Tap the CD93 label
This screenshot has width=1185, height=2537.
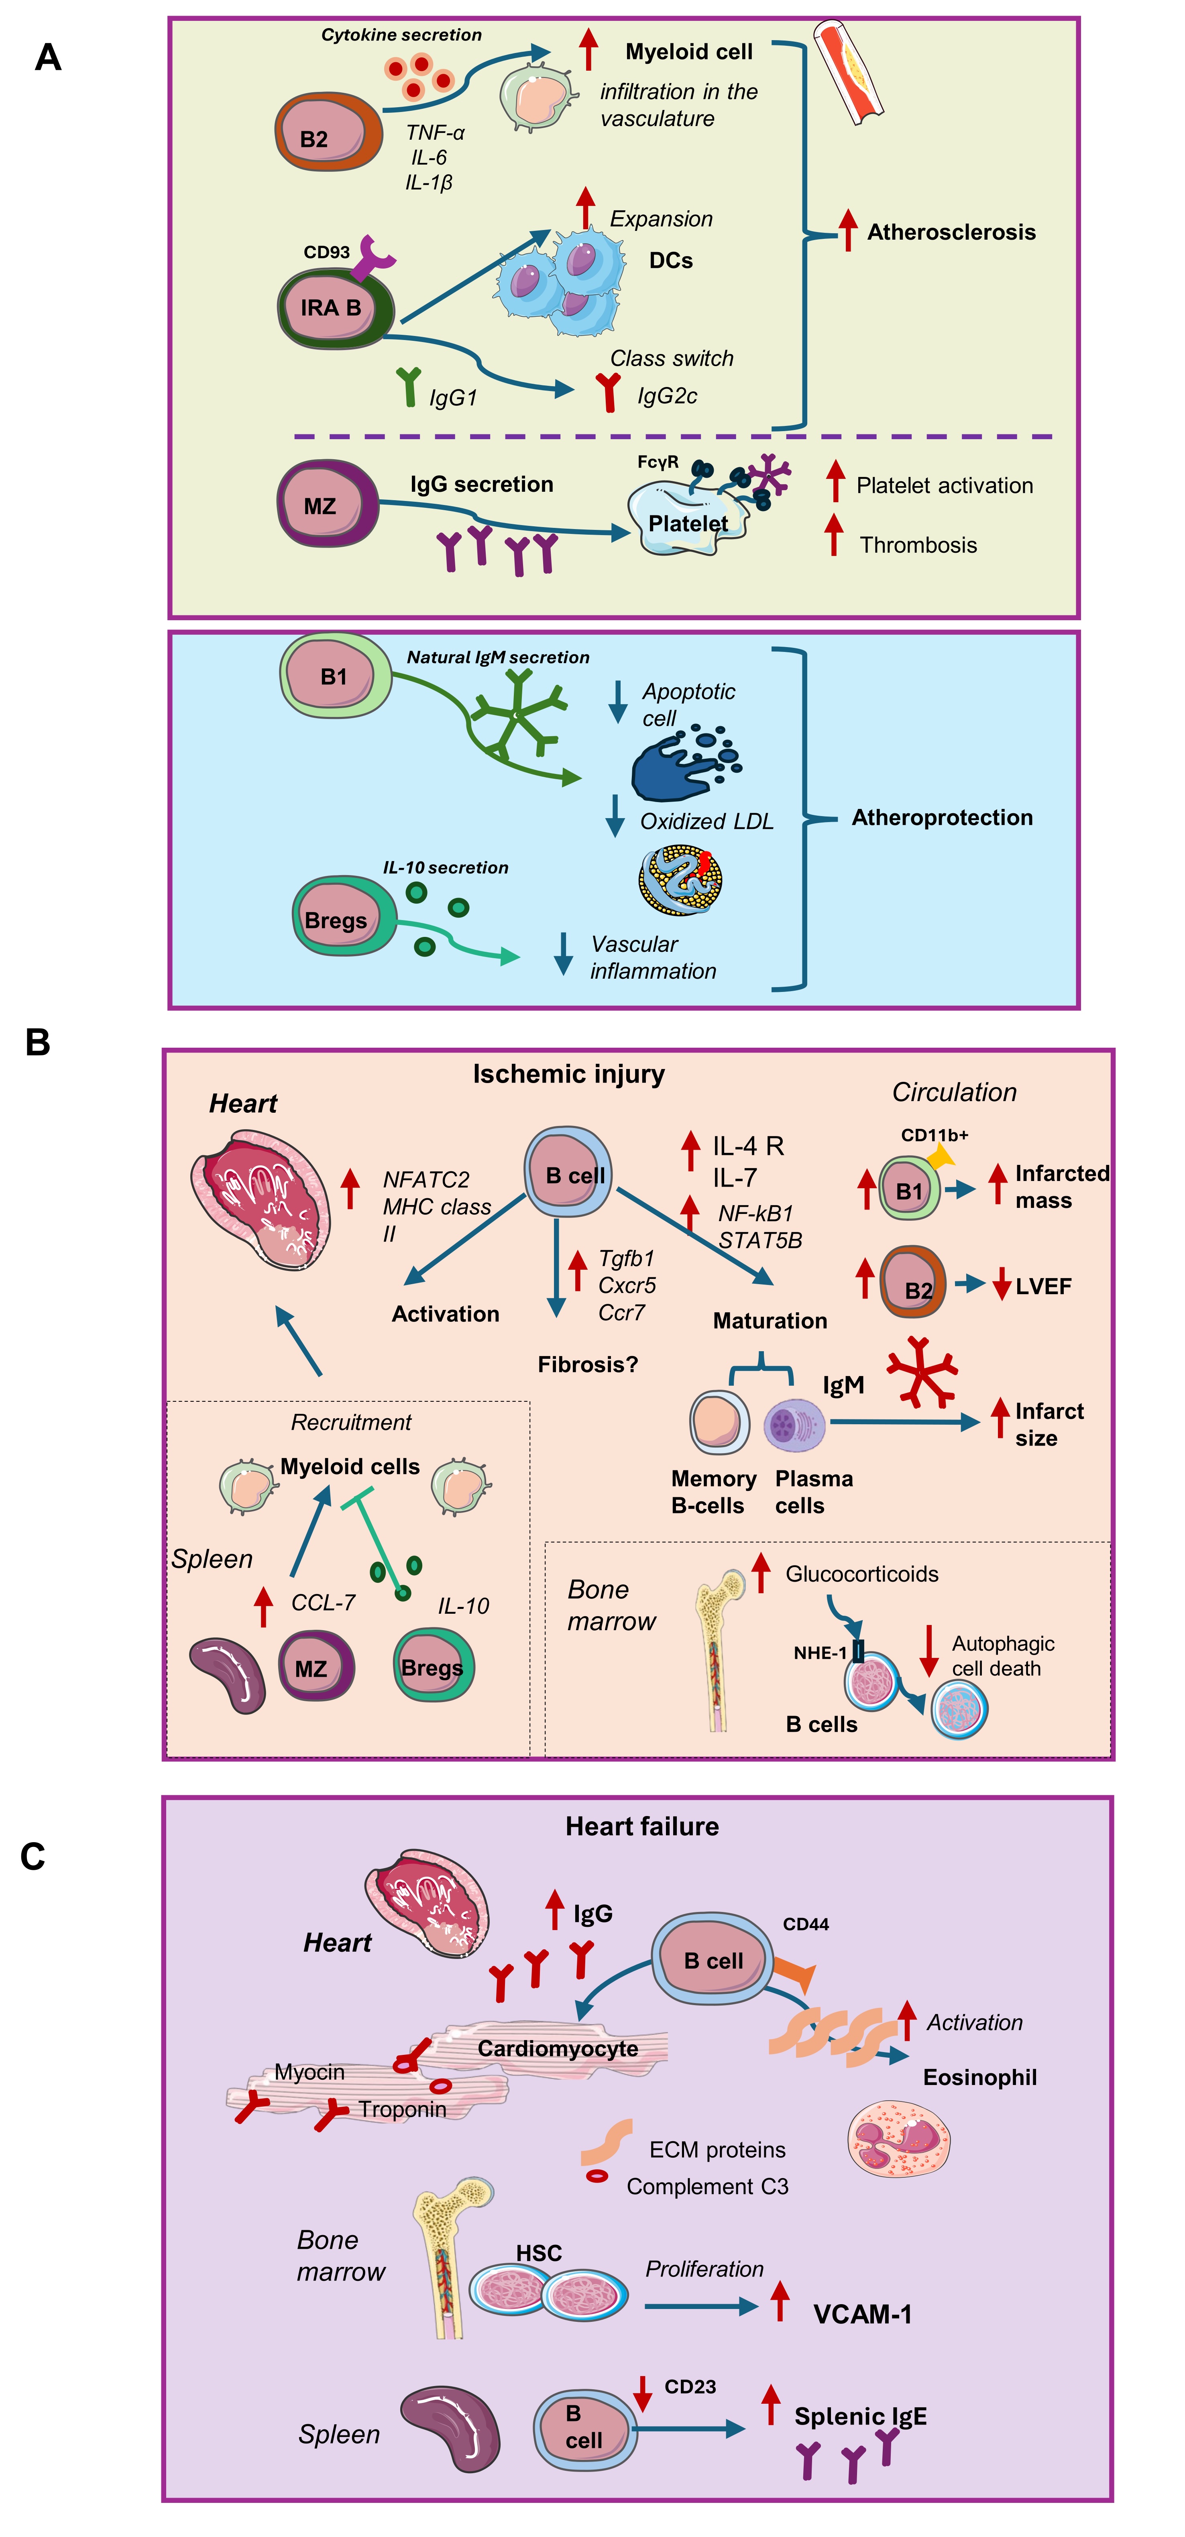(x=326, y=252)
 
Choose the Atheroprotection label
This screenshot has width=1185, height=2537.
(x=942, y=817)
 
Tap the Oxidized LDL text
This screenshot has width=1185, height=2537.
(x=706, y=821)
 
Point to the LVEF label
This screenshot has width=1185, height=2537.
(x=1043, y=1286)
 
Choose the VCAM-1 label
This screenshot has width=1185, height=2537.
(x=862, y=2315)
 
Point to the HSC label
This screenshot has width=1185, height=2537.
(x=539, y=2253)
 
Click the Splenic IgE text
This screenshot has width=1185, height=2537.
(x=860, y=2417)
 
